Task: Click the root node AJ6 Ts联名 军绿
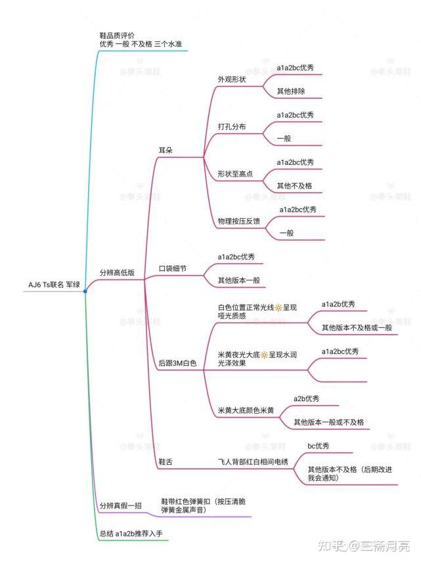pos(54,284)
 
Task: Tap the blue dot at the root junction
pos(85,290)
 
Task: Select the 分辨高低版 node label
pos(116,272)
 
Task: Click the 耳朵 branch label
pos(166,150)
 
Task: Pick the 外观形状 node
pos(233,79)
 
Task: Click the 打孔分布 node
pos(233,126)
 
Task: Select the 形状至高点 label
pos(235,173)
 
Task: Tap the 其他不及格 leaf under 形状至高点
pos(294,186)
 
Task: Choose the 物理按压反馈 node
pos(238,221)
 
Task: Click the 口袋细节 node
pos(173,269)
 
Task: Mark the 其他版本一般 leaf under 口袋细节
pos(238,280)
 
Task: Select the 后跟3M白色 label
pos(177,362)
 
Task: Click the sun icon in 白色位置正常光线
pos(278,307)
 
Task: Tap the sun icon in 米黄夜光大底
pos(264,355)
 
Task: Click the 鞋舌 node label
pos(166,462)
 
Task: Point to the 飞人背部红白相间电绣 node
pos(253,462)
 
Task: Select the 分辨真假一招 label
pos(121,505)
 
